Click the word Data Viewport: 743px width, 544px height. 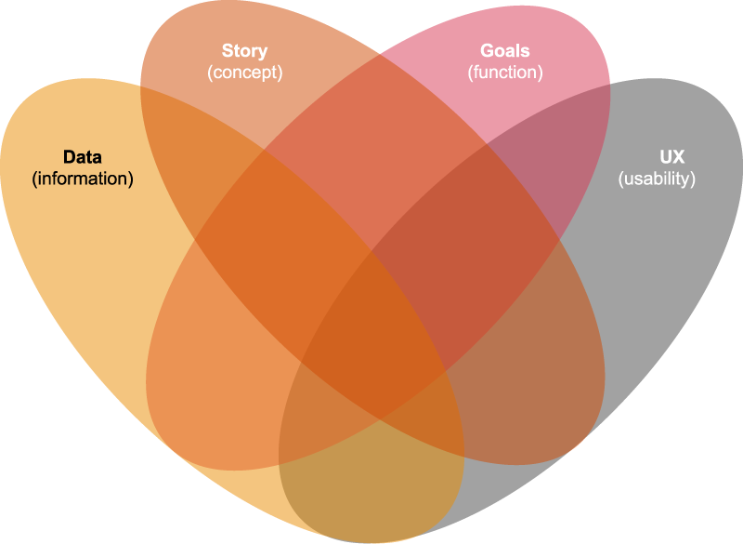pyautogui.click(x=83, y=158)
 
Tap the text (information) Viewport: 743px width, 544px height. pyautogui.click(x=83, y=179)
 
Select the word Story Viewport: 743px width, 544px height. pyautogui.click(x=244, y=50)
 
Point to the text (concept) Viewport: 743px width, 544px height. pyautogui.click(x=244, y=71)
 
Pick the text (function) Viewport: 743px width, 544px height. pyautogui.click(x=506, y=71)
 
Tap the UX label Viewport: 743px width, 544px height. pyautogui.click(x=656, y=158)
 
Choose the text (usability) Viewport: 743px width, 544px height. pyautogui.click(x=656, y=179)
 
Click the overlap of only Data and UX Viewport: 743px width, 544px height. pyautogui.click(x=371, y=484)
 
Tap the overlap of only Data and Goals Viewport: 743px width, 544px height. pyautogui.click(x=223, y=391)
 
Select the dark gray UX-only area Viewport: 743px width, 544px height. pyautogui.click(x=650, y=279)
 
